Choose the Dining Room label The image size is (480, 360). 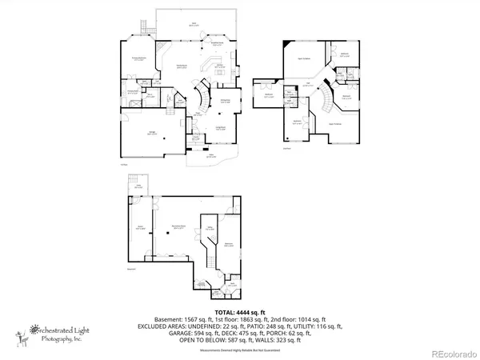point(226,102)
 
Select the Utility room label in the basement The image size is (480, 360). point(210,229)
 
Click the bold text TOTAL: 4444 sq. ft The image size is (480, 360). point(238,311)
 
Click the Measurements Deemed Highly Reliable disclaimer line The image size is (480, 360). point(238,348)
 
